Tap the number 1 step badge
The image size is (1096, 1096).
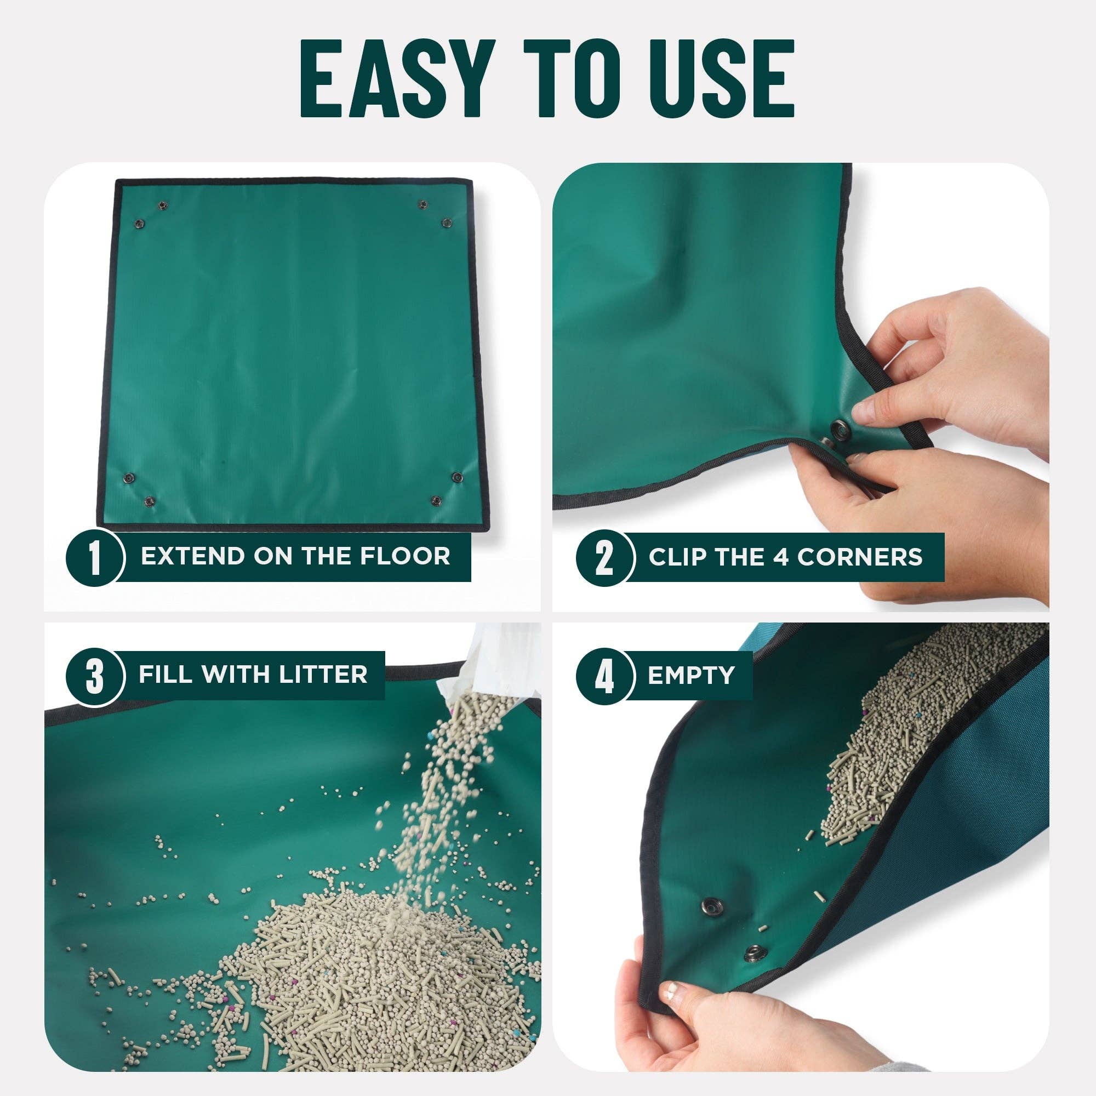click(x=95, y=558)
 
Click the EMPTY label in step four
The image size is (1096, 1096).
click(x=691, y=675)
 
